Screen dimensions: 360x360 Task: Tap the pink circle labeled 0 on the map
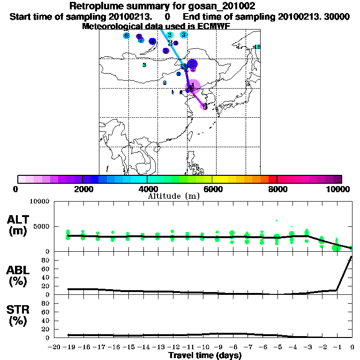[205, 106]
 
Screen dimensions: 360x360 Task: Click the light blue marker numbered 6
[126, 36]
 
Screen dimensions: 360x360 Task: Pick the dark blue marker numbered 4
[152, 42]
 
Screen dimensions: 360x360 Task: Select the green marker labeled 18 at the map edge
[257, 46]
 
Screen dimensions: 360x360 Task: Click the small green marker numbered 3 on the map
[144, 65]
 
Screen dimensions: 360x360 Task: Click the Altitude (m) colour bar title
[173, 196]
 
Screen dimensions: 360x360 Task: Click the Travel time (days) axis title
[205, 355]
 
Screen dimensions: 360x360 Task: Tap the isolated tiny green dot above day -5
[277, 220]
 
